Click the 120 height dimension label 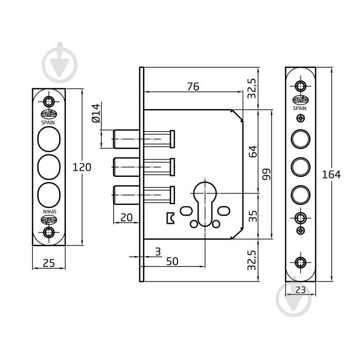(82, 167)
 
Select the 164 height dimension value (331, 175)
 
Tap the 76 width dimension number (193, 86)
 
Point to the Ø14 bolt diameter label (96, 114)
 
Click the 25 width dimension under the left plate (49, 263)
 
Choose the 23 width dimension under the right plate (300, 290)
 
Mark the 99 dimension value (266, 174)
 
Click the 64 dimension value (253, 151)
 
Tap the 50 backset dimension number (172, 261)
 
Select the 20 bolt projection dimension (127, 218)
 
